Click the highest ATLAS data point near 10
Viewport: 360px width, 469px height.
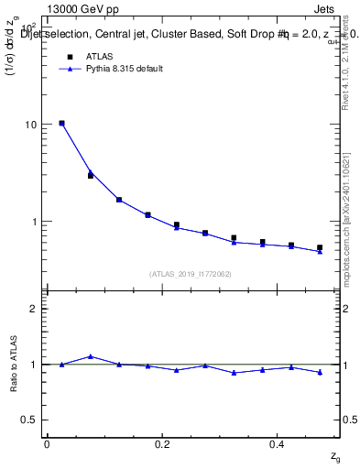[61, 123]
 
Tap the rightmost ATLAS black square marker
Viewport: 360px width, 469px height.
[320, 247]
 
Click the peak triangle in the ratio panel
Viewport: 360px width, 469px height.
[90, 356]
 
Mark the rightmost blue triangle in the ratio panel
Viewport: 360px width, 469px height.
[320, 372]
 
